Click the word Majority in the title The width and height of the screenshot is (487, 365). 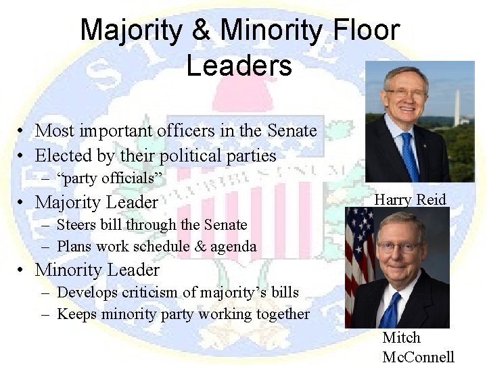tap(129, 30)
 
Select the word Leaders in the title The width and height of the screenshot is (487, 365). tap(239, 66)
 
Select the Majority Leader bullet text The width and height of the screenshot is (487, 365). tap(97, 202)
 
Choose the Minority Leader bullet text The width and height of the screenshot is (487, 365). tap(97, 270)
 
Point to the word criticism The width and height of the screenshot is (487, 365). tap(158, 292)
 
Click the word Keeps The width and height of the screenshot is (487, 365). tap(76, 314)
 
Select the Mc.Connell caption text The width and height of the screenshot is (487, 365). tap(418, 357)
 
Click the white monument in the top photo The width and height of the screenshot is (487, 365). tap(457, 108)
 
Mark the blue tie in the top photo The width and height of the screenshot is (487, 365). tap(410, 159)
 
